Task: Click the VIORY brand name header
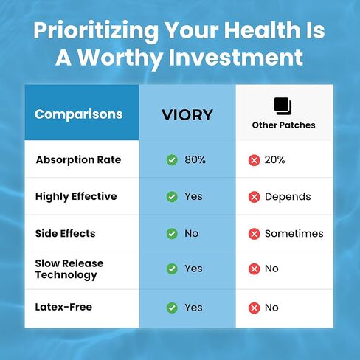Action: [187, 115]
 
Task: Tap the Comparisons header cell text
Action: [79, 114]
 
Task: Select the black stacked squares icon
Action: [283, 106]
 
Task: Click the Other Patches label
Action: [283, 125]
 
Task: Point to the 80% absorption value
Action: [195, 160]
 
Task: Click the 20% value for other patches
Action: [274, 160]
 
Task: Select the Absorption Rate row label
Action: [78, 160]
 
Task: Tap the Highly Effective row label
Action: [76, 197]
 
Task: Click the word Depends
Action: [288, 197]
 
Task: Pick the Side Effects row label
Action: [65, 233]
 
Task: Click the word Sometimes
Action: [294, 233]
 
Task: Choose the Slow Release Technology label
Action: [69, 269]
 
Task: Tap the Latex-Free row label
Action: [63, 307]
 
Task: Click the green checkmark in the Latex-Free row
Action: [172, 308]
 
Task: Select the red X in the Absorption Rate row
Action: [254, 160]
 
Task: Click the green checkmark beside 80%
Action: [172, 160]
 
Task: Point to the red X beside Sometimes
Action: [254, 234]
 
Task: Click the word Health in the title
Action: [262, 30]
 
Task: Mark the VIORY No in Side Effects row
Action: [192, 233]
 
